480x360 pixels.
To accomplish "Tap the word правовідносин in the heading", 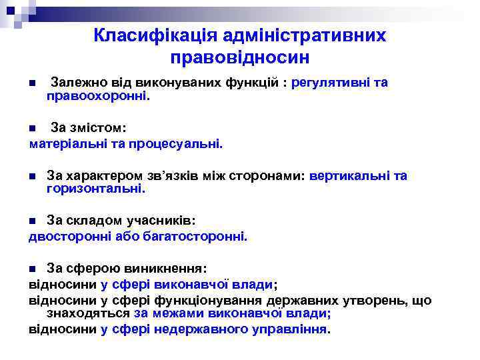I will coord(240,57).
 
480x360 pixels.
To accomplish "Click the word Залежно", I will coord(77,83).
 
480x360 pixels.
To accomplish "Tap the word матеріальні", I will coord(65,143).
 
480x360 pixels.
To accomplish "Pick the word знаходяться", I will coord(88,313).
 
